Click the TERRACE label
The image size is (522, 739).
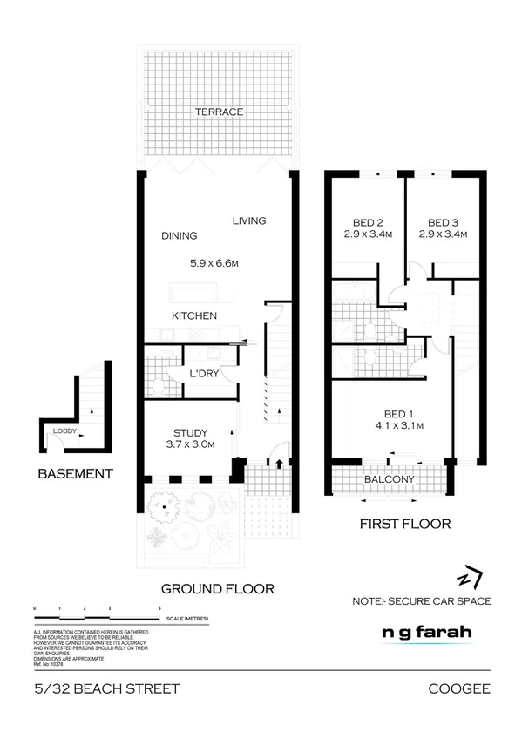pyautogui.click(x=219, y=112)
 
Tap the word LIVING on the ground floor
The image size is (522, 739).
pyautogui.click(x=248, y=221)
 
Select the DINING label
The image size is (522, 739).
pyautogui.click(x=180, y=235)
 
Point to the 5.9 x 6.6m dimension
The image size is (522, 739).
pyautogui.click(x=214, y=263)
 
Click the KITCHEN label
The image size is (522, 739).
pyautogui.click(x=193, y=315)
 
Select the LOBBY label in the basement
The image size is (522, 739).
pyautogui.click(x=64, y=431)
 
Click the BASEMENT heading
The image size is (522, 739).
pyautogui.click(x=75, y=474)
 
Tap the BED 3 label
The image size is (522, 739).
pyautogui.click(x=443, y=222)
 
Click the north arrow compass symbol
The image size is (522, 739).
pyautogui.click(x=470, y=579)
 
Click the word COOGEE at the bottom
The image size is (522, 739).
pyautogui.click(x=459, y=689)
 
